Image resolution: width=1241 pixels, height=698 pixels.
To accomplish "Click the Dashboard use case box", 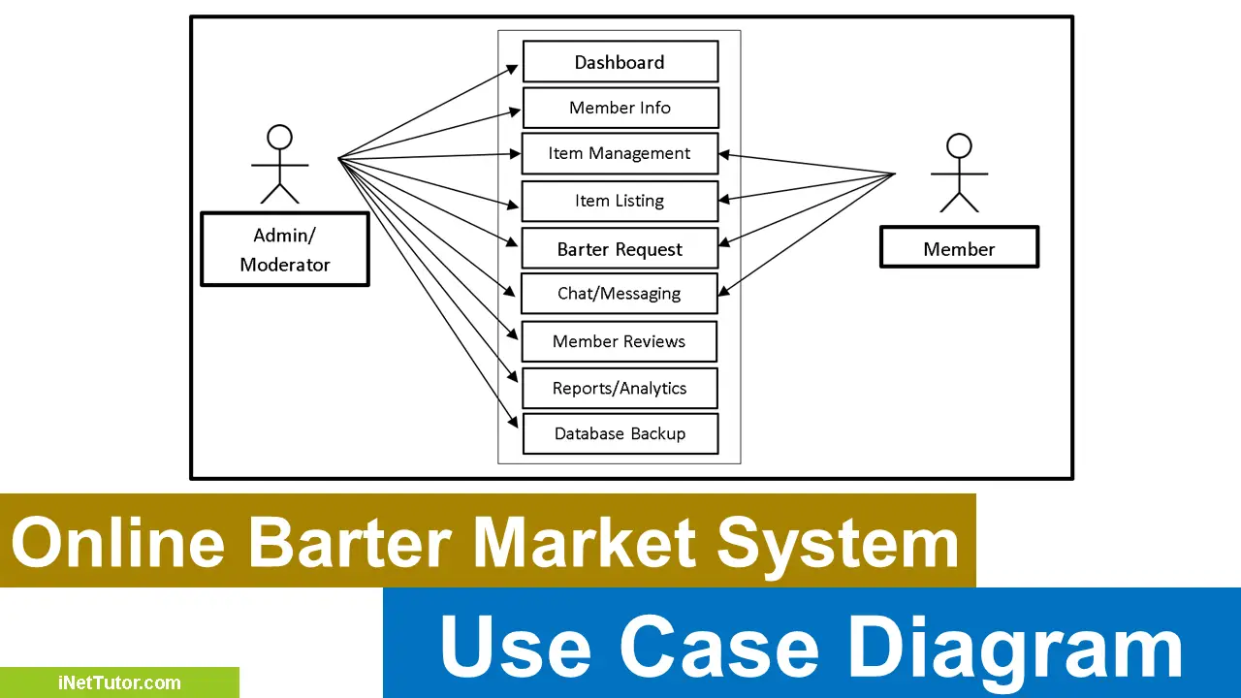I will (620, 61).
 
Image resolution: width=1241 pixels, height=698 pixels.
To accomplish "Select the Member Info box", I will (620, 108).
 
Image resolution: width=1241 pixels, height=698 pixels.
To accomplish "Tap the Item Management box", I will (620, 153).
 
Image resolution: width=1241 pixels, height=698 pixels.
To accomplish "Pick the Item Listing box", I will (620, 201).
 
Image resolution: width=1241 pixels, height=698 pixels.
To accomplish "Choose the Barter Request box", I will (620, 248).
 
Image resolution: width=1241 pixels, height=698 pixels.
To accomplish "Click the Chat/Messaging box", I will (620, 293).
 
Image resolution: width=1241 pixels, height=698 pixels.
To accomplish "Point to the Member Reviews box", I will (620, 341).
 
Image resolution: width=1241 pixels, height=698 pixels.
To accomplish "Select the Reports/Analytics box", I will (620, 388).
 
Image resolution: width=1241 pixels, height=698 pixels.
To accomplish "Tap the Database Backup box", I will (620, 433).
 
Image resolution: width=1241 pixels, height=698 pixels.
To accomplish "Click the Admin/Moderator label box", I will (285, 249).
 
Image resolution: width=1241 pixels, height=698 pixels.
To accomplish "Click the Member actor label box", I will (959, 248).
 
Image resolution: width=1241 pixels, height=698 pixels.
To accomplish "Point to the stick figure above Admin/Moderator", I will (280, 165).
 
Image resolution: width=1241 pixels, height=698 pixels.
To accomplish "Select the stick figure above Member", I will (959, 174).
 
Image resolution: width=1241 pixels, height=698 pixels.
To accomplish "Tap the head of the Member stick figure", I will (959, 145).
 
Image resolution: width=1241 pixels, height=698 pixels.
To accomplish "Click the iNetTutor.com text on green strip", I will (118, 682).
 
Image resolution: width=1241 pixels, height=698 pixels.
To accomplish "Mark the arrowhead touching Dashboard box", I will (514, 68).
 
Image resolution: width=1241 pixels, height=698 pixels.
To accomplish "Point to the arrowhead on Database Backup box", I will (514, 423).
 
